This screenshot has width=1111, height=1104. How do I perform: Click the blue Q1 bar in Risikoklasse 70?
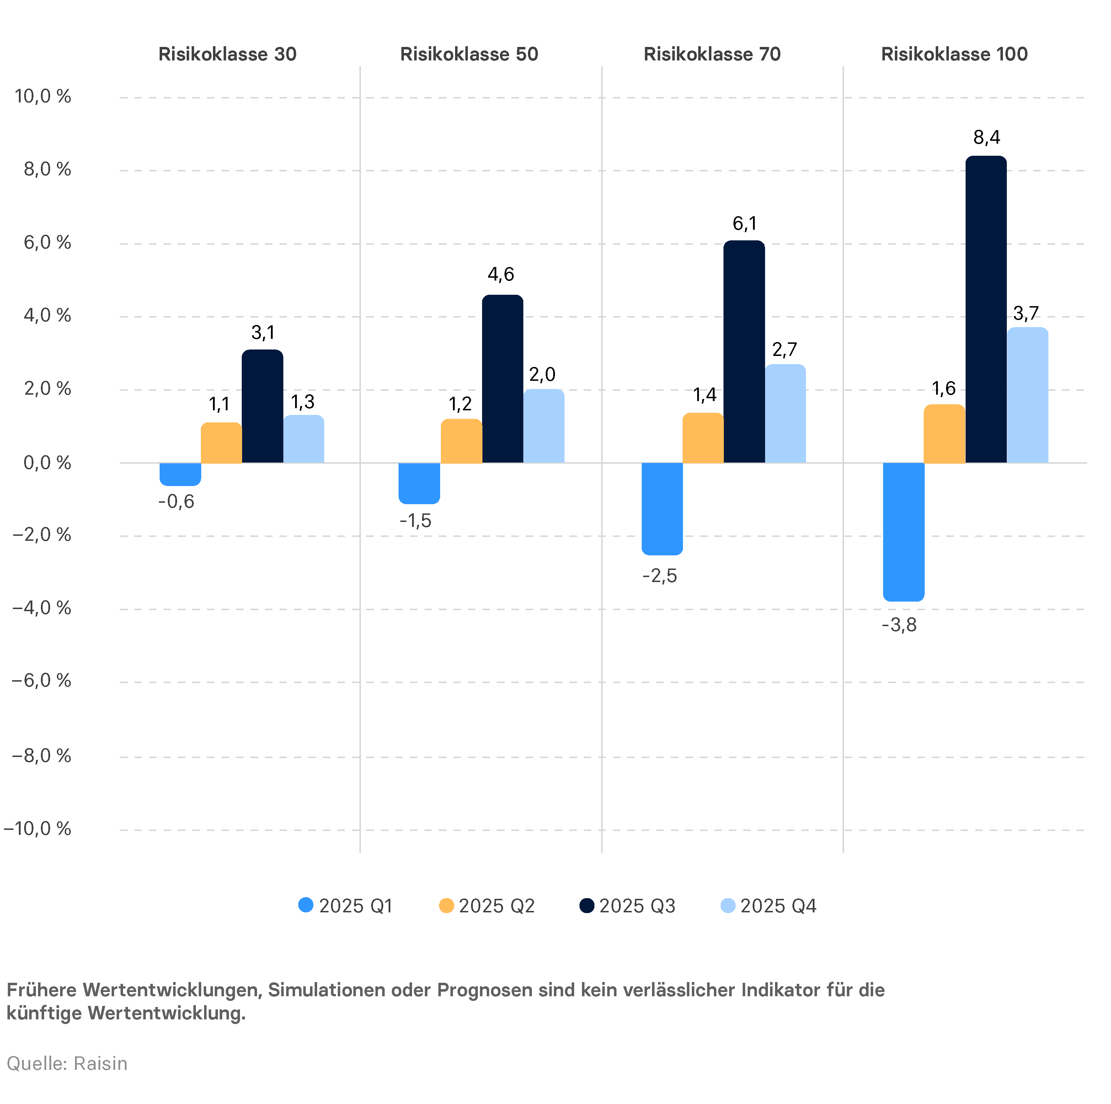662,508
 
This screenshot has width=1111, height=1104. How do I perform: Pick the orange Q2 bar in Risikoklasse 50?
461,441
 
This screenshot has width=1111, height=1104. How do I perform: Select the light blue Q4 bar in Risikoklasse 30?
304,439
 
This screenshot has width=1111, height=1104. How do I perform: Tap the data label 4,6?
501,274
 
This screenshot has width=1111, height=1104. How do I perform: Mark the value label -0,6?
177,502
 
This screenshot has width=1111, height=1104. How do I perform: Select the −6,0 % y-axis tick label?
41,681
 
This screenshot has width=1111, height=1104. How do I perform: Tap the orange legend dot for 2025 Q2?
446,906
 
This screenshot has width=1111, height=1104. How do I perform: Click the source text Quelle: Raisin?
67,1063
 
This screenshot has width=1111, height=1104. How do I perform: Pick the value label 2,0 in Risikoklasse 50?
542,374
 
